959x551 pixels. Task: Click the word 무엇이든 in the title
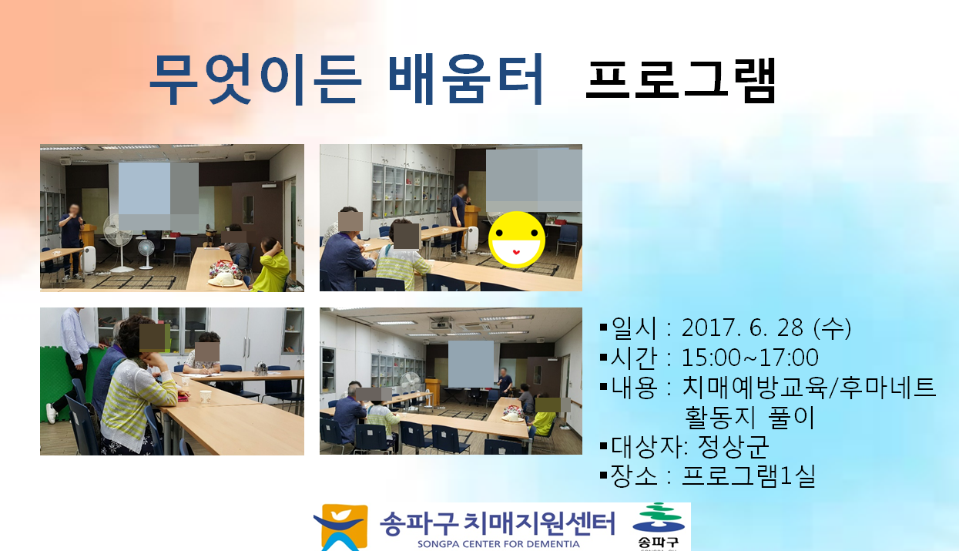tap(256, 79)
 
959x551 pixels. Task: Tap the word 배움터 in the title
tap(466, 79)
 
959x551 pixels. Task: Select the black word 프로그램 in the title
tap(681, 81)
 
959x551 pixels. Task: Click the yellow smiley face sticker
tap(517, 240)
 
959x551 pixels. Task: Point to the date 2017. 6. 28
tap(742, 328)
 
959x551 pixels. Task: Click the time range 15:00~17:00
tap(749, 358)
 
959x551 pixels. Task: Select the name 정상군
tap(733, 446)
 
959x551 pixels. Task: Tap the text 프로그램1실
tap(749, 476)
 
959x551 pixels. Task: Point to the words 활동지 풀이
tap(749, 418)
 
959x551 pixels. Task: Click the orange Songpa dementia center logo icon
tap(340, 527)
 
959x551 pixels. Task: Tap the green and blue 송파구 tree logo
tap(659, 526)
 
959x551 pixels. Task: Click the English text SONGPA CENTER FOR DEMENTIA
tap(498, 544)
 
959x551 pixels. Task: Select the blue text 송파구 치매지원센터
tap(498, 523)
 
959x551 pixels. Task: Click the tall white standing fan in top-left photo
tap(118, 243)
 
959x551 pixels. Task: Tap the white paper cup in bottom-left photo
tap(206, 397)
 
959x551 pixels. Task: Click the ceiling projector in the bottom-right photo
tap(441, 324)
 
